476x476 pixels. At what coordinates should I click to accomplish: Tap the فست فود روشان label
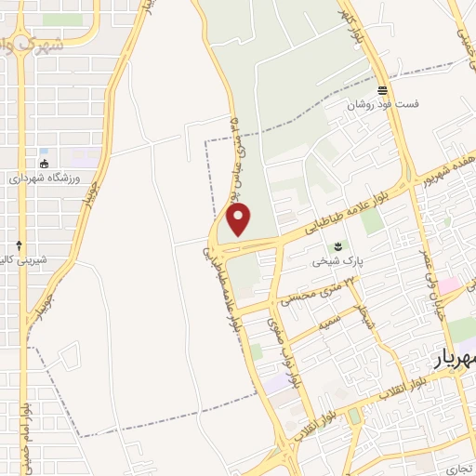384,105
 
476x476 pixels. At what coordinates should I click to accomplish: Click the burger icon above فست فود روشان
382,90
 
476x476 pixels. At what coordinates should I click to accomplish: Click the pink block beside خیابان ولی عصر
450,284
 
